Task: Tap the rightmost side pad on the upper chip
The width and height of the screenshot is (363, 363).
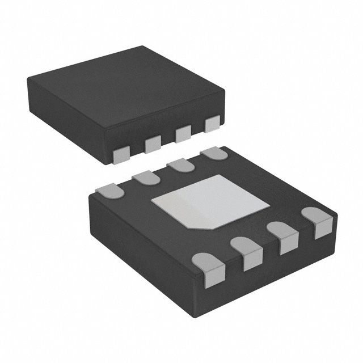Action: pos(212,124)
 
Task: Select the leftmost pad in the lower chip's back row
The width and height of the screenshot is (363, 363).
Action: pos(110,191)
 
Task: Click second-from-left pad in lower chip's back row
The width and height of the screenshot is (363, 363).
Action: pos(144,179)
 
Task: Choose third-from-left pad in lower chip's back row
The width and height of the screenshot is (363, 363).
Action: pos(180,165)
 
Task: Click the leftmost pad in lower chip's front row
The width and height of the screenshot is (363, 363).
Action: pos(207,267)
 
